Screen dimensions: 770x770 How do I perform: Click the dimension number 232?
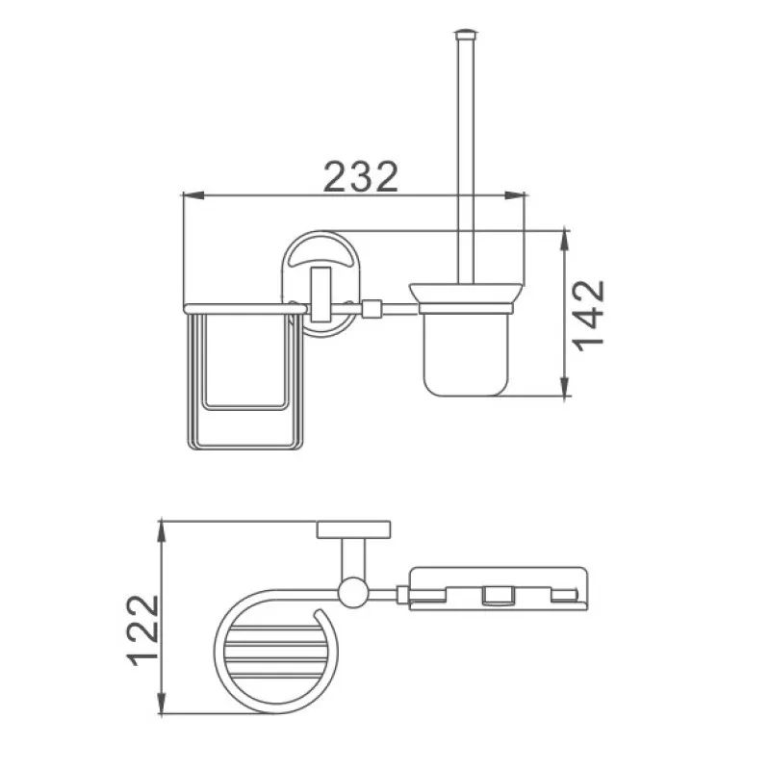(361, 177)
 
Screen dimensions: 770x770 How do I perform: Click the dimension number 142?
(586, 315)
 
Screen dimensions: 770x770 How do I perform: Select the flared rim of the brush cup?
(469, 293)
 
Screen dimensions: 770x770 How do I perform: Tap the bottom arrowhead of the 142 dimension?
(564, 389)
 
